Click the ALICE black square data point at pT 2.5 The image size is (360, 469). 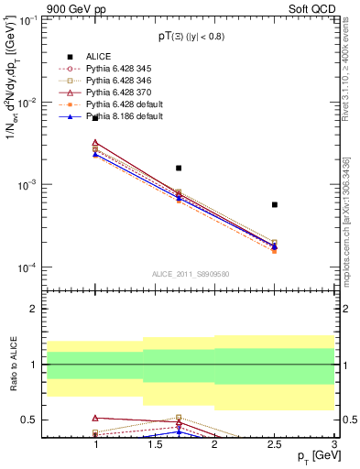coord(275,204)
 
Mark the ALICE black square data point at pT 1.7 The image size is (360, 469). coord(179,168)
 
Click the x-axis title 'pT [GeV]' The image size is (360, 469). coord(311,456)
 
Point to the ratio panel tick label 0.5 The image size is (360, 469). coord(29,420)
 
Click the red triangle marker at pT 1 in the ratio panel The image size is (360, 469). coord(95,417)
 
